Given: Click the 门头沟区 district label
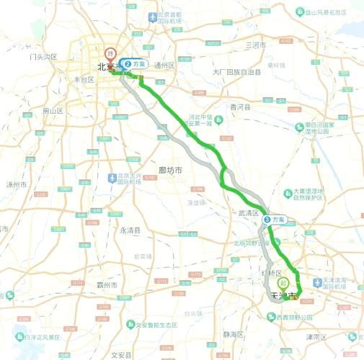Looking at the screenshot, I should tap(42, 56).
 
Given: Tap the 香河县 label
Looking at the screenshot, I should tap(239, 107).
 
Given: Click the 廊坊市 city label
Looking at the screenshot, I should tap(169, 170).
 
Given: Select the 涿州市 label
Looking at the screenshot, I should tap(16, 184).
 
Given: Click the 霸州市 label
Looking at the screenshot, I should tap(107, 285).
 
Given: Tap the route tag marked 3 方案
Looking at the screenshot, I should tap(275, 219).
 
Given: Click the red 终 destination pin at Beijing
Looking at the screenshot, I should tap(110, 53).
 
